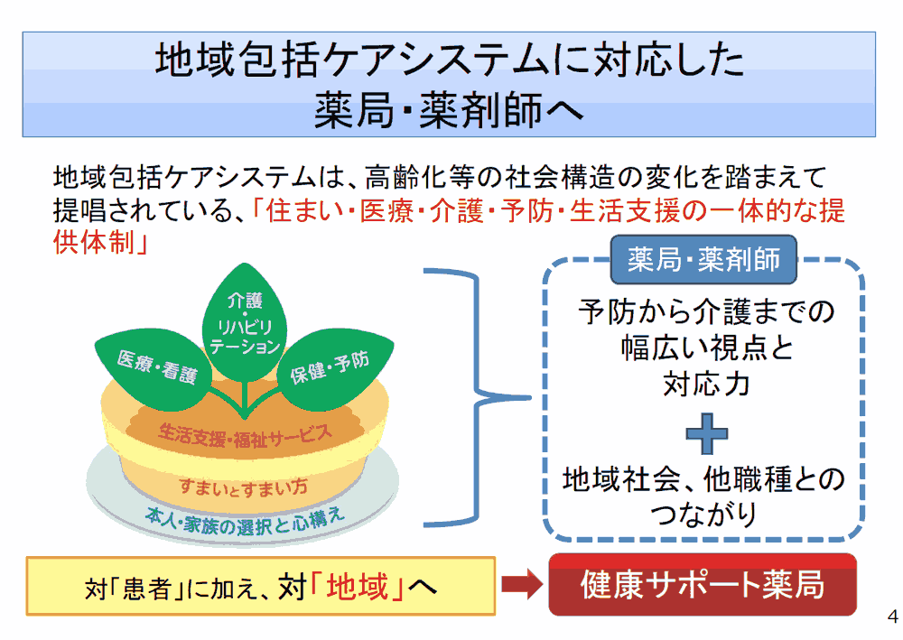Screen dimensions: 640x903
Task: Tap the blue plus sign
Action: tap(706, 434)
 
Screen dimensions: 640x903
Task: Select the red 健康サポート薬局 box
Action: tap(703, 585)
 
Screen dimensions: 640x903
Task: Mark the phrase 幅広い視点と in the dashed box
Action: tap(706, 348)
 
